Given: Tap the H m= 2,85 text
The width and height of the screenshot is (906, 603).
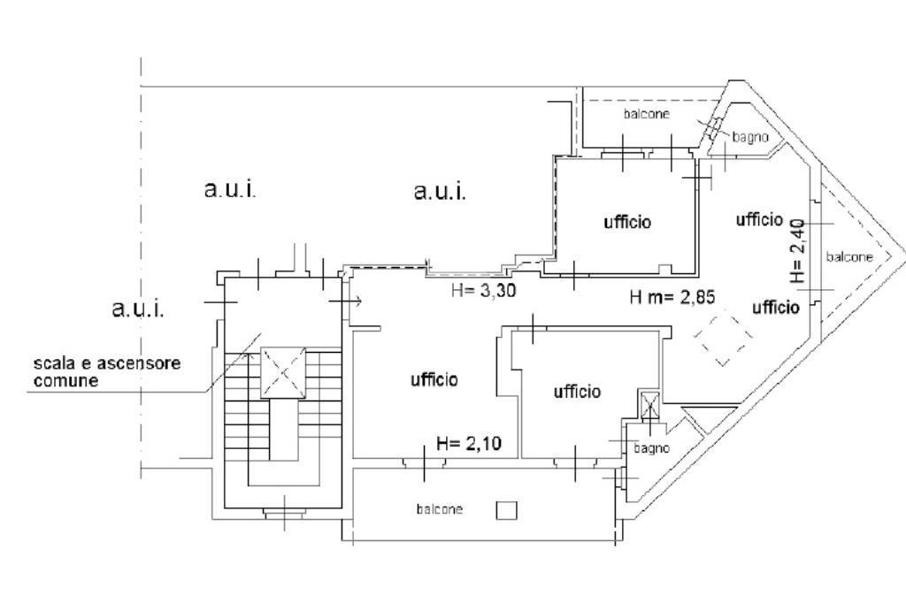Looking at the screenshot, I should (x=672, y=297).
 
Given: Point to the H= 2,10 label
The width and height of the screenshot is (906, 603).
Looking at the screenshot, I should (x=469, y=444).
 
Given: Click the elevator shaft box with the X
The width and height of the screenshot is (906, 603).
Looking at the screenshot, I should (x=282, y=373).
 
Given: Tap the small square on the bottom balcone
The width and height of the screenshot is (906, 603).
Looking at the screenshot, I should (x=505, y=510).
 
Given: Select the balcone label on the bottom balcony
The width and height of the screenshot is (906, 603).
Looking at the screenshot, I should (x=440, y=509).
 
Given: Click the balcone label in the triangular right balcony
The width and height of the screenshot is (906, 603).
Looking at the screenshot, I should (x=849, y=256).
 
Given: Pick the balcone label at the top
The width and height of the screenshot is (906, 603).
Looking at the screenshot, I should (x=646, y=114).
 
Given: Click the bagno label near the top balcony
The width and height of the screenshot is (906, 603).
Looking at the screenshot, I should (x=750, y=137).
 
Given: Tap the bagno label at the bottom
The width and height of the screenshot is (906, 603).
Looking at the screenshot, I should (x=651, y=448).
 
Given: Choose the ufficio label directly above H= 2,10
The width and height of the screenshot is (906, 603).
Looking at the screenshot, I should (x=434, y=379).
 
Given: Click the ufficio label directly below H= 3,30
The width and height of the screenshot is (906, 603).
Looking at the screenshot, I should (x=578, y=391).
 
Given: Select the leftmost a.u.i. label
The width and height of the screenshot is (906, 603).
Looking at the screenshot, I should (x=139, y=309).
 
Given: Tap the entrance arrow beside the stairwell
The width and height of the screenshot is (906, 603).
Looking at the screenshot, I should (x=348, y=301).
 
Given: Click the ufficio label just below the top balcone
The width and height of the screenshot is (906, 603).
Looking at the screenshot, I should (x=627, y=222).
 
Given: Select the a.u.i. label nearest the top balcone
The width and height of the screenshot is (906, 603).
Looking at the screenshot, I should (x=440, y=191).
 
